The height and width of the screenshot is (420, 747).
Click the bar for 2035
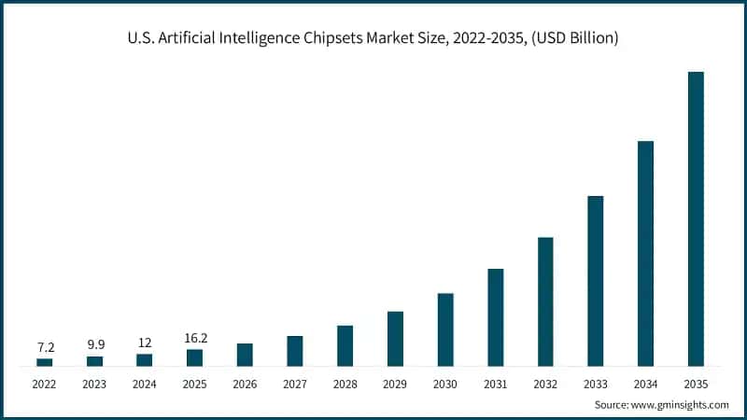pos(696,218)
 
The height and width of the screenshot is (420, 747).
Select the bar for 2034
pos(645,253)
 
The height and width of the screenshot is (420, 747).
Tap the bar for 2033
pos(595,281)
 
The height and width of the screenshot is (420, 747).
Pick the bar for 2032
pos(545,301)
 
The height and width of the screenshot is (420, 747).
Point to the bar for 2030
pos(445,329)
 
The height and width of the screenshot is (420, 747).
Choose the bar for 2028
pos(345,345)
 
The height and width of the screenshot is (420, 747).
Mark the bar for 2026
pos(245,355)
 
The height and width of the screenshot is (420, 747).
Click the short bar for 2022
pos(44,362)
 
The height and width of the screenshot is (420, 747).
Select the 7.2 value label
pos(44,347)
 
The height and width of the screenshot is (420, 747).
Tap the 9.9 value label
pos(94,344)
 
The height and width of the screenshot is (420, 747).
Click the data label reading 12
pos(145,343)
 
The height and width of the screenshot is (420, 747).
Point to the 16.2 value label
pos(194,338)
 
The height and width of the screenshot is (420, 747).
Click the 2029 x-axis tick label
pos(395,384)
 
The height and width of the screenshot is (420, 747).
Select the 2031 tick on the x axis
pos(495,384)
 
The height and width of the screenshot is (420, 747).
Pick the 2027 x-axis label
pos(294,384)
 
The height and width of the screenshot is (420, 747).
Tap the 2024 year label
pos(145,384)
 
